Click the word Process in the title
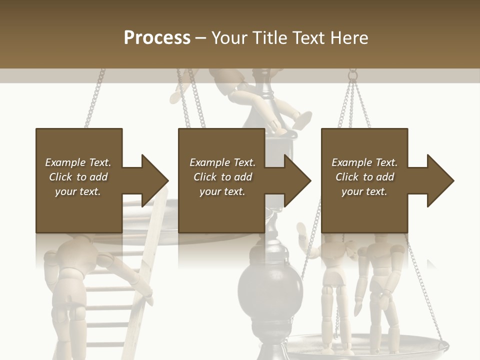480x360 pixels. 157,38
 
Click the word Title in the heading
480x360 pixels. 270,38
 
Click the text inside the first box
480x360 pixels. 78,177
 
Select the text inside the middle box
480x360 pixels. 222,177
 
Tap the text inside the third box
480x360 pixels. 364,177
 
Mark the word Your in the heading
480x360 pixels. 228,38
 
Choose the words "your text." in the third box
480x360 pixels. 364,191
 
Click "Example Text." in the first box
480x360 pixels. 78,162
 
